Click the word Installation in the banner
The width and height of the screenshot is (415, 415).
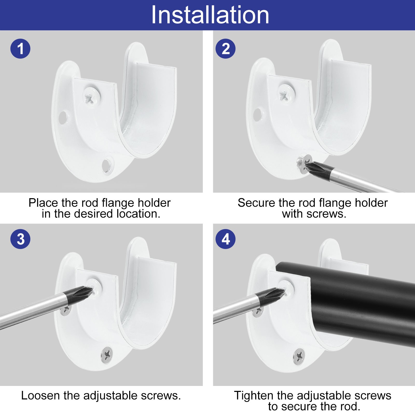coord(210,15)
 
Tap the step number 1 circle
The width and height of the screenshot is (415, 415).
coord(20,49)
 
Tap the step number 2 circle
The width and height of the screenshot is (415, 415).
coord(225,49)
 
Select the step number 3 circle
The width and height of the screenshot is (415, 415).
coord(20,239)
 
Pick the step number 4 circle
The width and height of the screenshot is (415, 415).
coord(225,239)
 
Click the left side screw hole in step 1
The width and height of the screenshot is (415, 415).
coord(63,117)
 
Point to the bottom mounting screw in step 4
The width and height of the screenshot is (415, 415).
coord(299,356)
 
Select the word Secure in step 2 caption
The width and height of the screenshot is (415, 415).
coord(256,203)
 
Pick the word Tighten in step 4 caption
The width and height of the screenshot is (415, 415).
coord(254,396)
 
